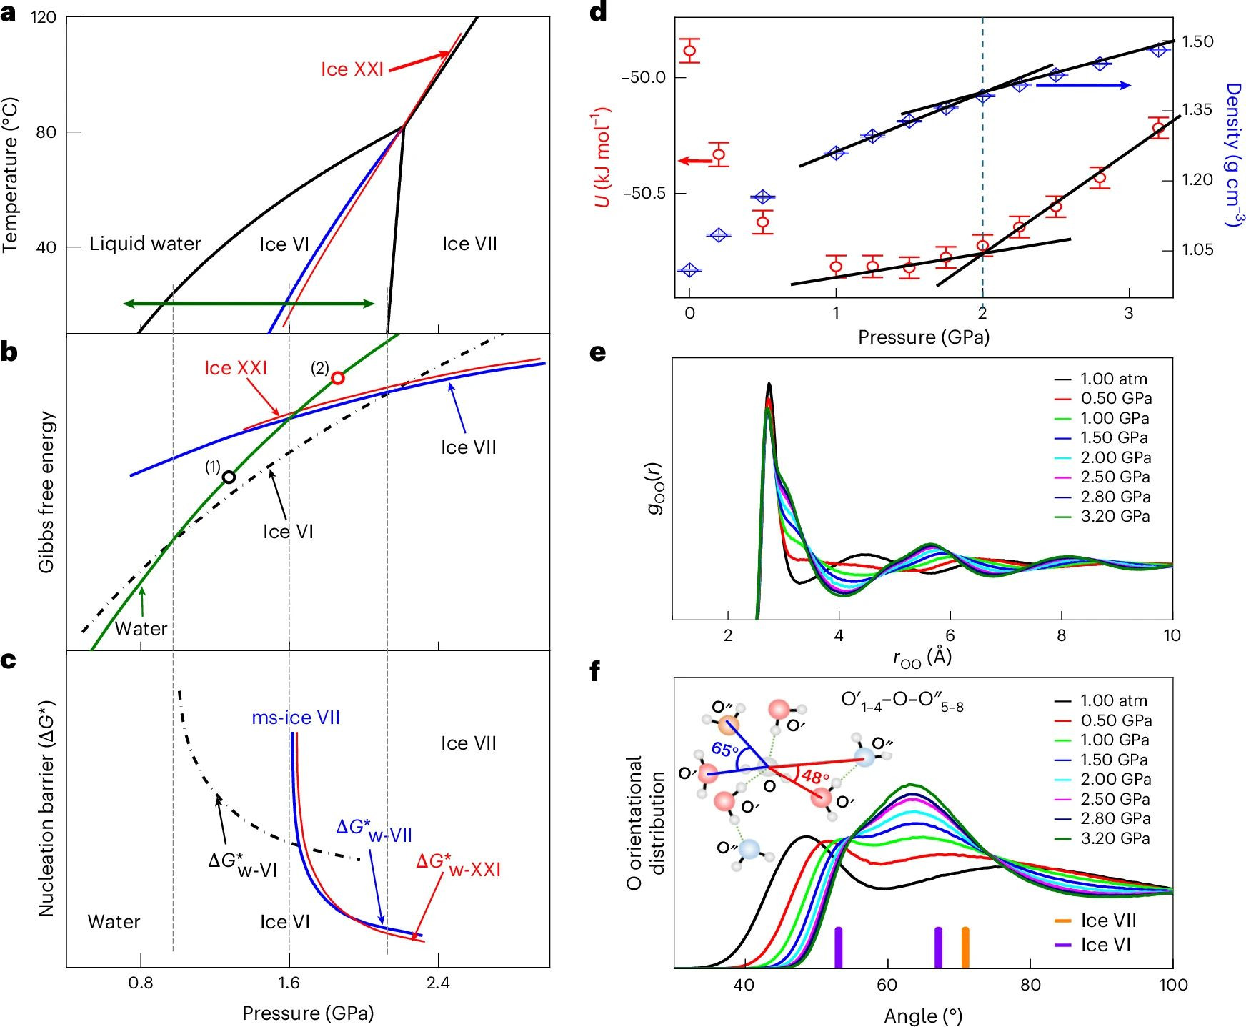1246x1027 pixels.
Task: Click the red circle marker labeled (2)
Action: [338, 378]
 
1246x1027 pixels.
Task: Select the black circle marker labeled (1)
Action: [229, 477]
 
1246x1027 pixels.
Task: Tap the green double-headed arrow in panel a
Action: [249, 304]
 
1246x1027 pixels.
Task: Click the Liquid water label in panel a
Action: [145, 244]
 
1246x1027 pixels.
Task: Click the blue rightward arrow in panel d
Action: [1082, 86]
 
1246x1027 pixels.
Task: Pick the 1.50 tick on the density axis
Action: [1197, 41]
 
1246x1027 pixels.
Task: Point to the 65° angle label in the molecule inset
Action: [724, 750]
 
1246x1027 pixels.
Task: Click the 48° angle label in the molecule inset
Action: [815, 777]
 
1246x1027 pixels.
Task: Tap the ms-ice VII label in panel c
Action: [296, 718]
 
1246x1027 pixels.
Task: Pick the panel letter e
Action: [597, 352]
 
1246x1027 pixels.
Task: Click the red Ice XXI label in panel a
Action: [352, 69]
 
